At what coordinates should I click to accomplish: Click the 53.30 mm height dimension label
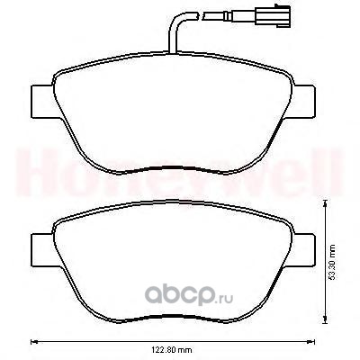pyautogui.click(x=332, y=262)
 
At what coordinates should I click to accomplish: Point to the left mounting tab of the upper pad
pyautogui.click(x=42, y=102)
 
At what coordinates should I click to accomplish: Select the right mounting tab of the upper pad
pyautogui.click(x=303, y=101)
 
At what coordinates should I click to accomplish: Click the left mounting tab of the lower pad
pyautogui.click(x=42, y=249)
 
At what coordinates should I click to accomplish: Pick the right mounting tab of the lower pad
pyautogui.click(x=303, y=249)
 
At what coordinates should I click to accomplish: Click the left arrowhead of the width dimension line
pyautogui.click(x=33, y=341)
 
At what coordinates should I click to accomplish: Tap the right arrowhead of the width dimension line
pyautogui.click(x=312, y=341)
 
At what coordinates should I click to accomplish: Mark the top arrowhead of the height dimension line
pyautogui.click(x=324, y=204)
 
